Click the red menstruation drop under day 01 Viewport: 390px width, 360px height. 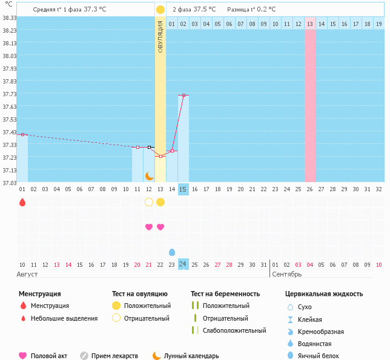(x=22, y=202)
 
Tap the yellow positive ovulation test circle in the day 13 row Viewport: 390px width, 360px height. (x=160, y=202)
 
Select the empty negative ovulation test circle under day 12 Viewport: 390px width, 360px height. (x=149, y=202)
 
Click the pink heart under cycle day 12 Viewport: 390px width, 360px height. (x=149, y=227)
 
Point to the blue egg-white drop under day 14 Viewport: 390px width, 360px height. (x=172, y=252)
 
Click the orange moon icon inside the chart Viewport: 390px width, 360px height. (x=149, y=175)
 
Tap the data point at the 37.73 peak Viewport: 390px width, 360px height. (x=183, y=95)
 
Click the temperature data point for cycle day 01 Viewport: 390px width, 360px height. (x=22, y=134)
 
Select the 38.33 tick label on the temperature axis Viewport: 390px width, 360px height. (x=9, y=18)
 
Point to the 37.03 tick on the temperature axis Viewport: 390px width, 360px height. (x=9, y=183)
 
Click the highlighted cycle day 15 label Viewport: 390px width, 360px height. (x=183, y=189)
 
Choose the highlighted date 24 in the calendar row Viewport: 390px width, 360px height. (x=183, y=264)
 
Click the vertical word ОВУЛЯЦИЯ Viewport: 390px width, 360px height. (x=160, y=36)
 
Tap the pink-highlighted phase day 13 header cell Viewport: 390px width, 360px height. (x=309, y=24)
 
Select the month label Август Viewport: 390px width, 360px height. (x=27, y=274)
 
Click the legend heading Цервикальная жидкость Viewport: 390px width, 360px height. (x=324, y=294)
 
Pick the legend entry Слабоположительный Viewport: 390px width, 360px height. (x=234, y=330)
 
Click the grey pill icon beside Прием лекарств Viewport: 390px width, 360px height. (x=84, y=356)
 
